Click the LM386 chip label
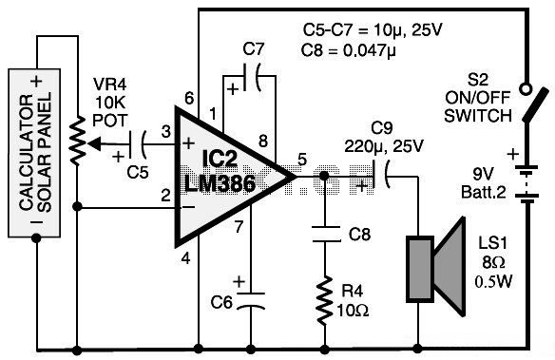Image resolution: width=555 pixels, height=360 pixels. (x=220, y=183)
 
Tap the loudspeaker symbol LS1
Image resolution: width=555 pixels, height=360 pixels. (x=435, y=267)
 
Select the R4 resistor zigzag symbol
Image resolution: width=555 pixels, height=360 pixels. (x=325, y=300)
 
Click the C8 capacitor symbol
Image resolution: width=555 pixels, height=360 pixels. (x=325, y=235)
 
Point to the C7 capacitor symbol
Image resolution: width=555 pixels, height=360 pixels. (x=252, y=77)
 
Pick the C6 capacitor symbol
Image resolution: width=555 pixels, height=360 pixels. (x=251, y=301)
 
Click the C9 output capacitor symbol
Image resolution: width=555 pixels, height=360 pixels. (x=381, y=175)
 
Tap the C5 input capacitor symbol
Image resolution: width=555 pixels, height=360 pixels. (x=137, y=144)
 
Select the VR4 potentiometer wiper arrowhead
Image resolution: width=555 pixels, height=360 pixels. (x=94, y=143)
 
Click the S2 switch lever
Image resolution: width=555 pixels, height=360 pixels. (x=536, y=105)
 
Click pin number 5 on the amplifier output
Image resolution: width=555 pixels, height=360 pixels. (x=301, y=160)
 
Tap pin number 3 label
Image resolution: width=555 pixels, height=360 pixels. (x=165, y=131)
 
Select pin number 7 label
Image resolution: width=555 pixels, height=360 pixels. (x=239, y=227)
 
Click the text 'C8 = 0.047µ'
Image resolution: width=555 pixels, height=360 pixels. (x=348, y=50)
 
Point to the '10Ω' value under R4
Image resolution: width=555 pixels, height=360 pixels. (x=353, y=311)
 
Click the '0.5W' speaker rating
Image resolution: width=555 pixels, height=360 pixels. (x=494, y=282)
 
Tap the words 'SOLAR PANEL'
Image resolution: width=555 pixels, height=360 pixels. (x=45, y=152)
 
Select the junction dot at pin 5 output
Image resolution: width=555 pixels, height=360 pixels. (x=324, y=176)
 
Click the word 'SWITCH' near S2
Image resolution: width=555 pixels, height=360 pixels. (x=478, y=116)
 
